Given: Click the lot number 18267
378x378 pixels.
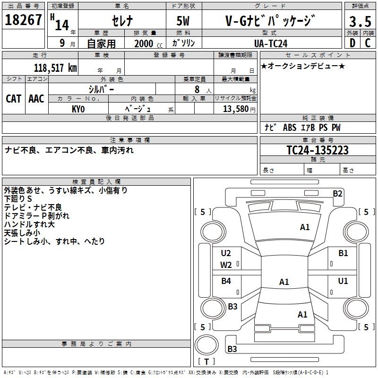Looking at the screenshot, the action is coord(23,20).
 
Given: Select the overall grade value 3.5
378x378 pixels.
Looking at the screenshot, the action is coord(360,21).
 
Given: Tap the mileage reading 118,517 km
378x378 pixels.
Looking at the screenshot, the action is coord(55,68).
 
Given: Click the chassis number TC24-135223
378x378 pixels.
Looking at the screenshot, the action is coord(318,150).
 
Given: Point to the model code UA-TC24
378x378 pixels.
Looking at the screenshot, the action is coord(271,43).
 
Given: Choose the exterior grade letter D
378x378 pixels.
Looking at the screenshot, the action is coord(352,43).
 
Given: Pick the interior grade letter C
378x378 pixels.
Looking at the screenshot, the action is coord(368,43).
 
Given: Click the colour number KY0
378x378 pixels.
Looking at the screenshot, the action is coord(78,109).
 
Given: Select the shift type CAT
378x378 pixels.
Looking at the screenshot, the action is coord(14,99).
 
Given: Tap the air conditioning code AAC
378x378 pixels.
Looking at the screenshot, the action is coord(36,99).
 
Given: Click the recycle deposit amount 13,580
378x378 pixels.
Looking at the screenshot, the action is coord(235,109).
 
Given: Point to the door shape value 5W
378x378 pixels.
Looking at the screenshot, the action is coord(183,21).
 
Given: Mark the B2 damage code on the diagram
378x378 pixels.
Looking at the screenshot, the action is coord(337,194).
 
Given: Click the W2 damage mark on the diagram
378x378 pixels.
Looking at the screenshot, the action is coord(226,265).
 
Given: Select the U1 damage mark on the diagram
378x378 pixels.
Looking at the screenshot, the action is coord(343,281).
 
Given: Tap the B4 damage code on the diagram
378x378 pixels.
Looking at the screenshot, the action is coord(226,281).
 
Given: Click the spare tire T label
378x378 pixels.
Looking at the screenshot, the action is coord(206,361).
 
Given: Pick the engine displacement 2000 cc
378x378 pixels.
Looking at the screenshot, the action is coord(148,43).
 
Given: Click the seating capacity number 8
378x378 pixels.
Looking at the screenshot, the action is coord(197,89).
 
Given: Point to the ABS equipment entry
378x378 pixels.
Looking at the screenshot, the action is coord(290,128).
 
